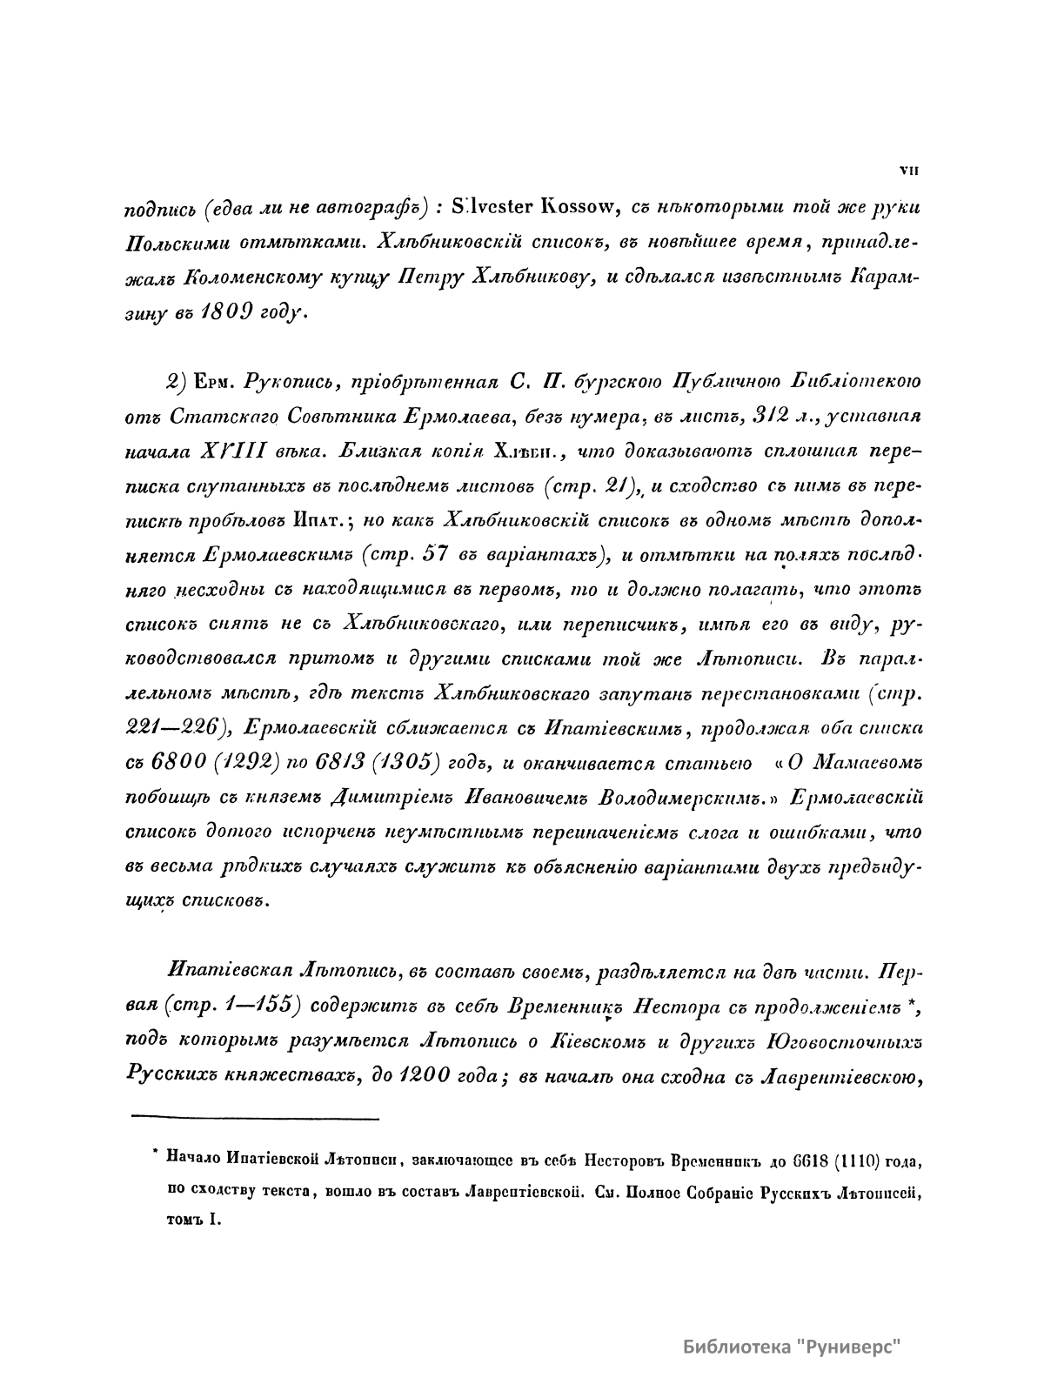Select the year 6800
[180, 763]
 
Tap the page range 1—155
[259, 1005]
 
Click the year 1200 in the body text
[423, 1075]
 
